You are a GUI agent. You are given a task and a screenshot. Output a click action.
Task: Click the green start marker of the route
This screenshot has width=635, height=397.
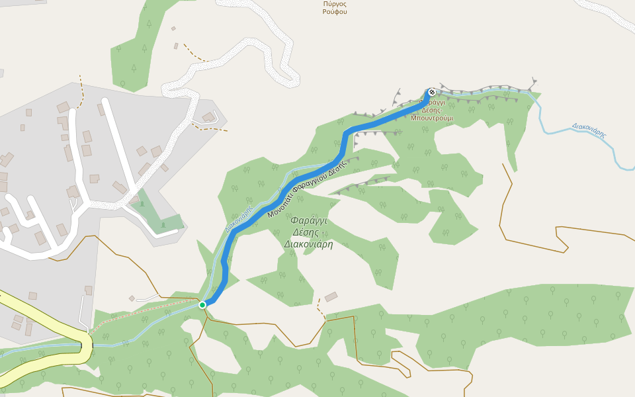click(202, 304)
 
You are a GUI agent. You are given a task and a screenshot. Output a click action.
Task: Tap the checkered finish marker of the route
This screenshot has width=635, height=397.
click(432, 93)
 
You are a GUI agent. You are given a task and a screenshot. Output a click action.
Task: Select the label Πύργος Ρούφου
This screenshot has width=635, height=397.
click(335, 8)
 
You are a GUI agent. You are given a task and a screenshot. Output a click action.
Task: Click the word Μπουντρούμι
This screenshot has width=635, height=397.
click(432, 118)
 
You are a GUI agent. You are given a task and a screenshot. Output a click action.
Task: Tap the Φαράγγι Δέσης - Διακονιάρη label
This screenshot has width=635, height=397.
click(308, 232)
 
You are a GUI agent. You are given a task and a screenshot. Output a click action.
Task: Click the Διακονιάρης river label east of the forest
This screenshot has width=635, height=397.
click(589, 130)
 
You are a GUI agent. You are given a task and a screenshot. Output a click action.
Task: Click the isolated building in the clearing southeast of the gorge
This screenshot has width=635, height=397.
click(331, 296)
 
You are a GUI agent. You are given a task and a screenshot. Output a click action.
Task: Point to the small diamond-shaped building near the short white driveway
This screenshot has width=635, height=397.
click(132, 298)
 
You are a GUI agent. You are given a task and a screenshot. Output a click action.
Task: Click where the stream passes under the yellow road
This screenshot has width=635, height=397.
click(89, 344)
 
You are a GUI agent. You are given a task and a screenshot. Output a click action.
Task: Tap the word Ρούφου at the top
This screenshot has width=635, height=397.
click(335, 12)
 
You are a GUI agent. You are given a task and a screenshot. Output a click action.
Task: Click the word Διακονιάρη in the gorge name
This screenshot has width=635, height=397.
click(308, 244)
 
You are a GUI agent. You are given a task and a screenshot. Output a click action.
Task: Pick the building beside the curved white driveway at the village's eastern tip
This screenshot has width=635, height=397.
click(208, 117)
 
